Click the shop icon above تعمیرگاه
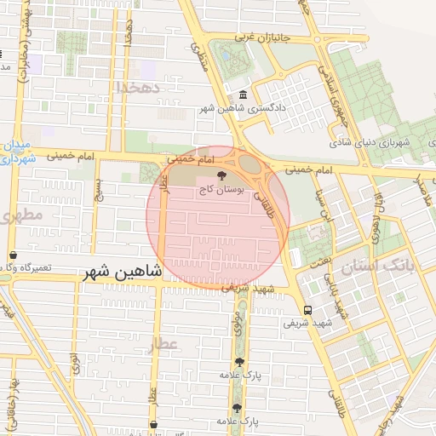point(13,255)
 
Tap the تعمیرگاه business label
point(26,268)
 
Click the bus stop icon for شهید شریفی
point(307,310)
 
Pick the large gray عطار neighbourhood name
point(162,345)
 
